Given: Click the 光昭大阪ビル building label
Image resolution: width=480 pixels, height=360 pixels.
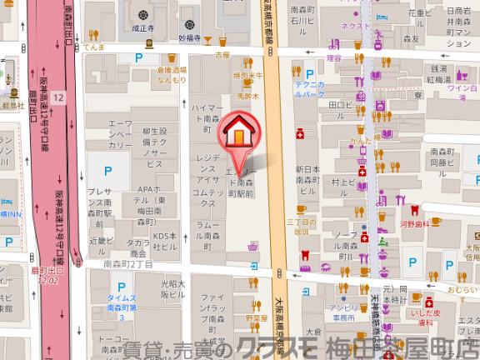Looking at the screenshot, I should click(172, 288).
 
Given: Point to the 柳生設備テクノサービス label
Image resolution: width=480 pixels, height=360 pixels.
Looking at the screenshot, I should click(155, 143).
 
